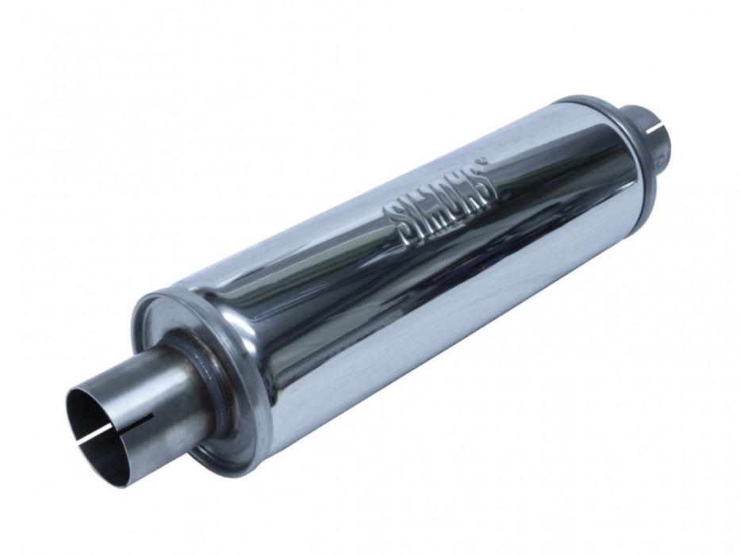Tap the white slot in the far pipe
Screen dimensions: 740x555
(656, 128)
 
